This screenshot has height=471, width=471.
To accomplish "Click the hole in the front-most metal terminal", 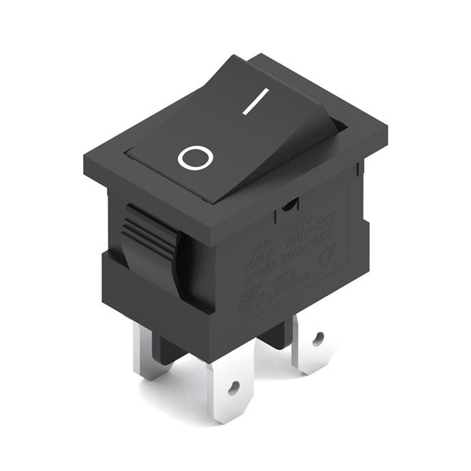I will pos(233,386).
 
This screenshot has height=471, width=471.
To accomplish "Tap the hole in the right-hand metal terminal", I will pos(318,339).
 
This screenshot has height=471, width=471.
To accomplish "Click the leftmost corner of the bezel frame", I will pos(85,167).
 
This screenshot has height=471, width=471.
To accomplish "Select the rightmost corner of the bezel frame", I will pos(386,128).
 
